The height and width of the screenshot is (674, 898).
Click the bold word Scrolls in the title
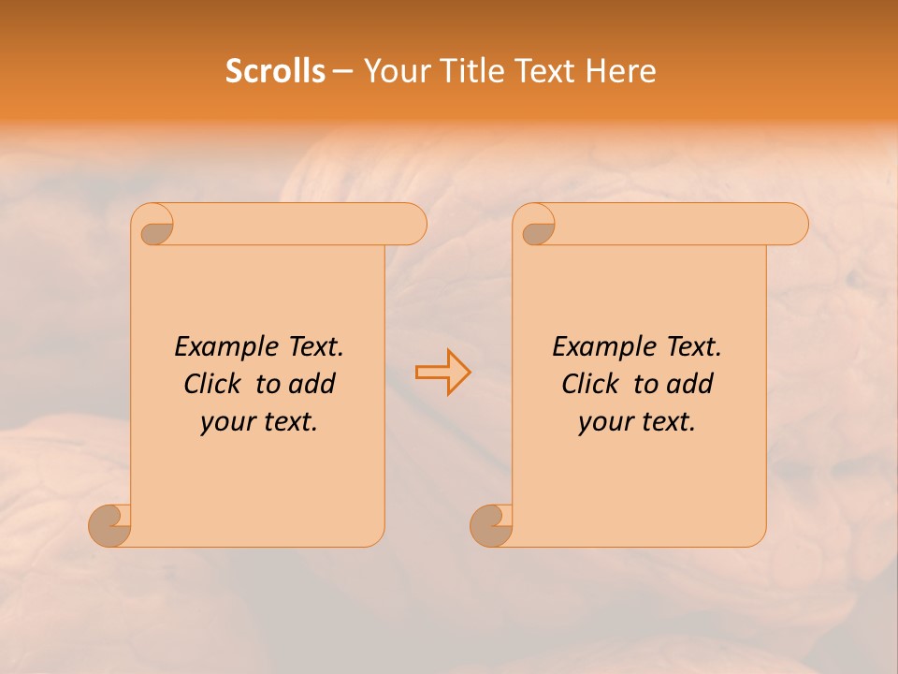(275, 71)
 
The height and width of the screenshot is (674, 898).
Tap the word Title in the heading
(463, 71)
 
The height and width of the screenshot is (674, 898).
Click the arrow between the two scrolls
(442, 372)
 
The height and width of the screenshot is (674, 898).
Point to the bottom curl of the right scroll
(491, 524)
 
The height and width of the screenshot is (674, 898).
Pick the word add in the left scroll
(311, 384)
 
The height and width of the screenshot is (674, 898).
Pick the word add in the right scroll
(689, 384)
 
